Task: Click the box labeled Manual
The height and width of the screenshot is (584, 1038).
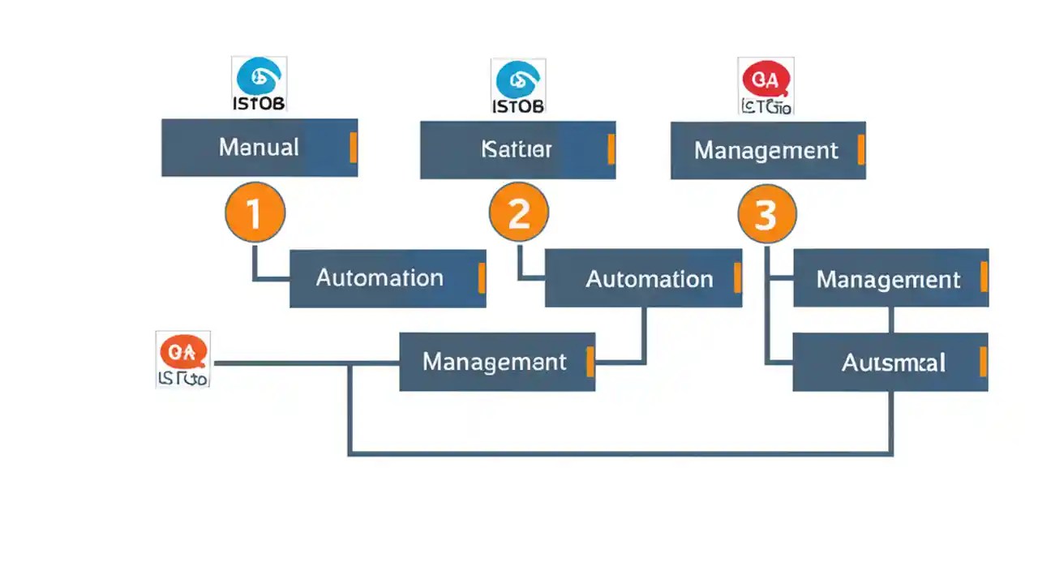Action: click(x=259, y=148)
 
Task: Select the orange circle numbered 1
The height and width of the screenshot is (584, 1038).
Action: click(x=255, y=213)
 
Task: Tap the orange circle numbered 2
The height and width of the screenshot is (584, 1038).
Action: click(x=519, y=213)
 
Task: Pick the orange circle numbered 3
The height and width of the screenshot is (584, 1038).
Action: click(x=767, y=215)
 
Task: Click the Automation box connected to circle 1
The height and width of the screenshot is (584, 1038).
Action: click(x=387, y=278)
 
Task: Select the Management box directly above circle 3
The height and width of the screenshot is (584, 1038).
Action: click(x=767, y=150)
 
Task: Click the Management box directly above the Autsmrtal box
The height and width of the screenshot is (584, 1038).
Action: click(x=890, y=279)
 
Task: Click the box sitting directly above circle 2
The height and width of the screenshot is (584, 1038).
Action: click(x=517, y=149)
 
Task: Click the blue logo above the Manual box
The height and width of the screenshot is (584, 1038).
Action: click(x=259, y=77)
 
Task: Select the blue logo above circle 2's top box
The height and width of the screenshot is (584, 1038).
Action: click(x=518, y=79)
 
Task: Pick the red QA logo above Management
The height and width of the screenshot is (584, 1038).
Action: click(x=766, y=79)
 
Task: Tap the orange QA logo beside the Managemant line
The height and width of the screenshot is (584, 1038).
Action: click(x=183, y=352)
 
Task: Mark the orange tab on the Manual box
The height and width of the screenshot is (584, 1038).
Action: click(x=353, y=148)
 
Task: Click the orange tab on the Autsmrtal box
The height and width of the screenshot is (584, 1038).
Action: click(x=983, y=362)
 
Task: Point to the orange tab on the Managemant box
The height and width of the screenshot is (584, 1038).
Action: click(x=590, y=362)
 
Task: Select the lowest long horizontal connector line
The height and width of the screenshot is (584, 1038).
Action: click(x=620, y=453)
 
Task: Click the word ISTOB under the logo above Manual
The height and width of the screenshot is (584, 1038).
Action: click(x=259, y=104)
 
